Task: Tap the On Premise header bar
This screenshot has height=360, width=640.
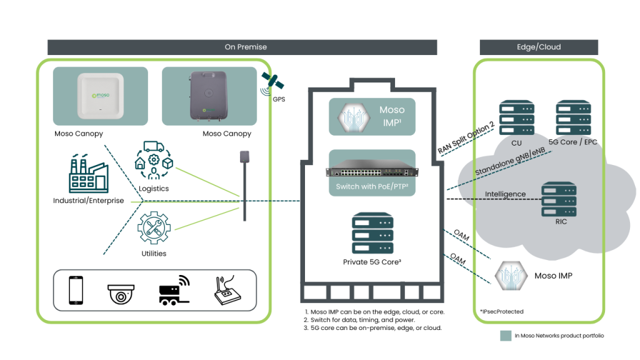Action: click(x=242, y=47)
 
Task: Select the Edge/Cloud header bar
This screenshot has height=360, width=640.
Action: click(x=538, y=47)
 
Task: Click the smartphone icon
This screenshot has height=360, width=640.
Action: click(x=76, y=290)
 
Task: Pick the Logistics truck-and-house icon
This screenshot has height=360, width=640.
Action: click(x=154, y=162)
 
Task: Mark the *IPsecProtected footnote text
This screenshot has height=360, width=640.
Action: click(x=501, y=311)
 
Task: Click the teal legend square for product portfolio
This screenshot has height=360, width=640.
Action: click(x=506, y=336)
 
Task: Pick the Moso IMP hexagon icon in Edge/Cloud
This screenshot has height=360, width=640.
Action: click(x=508, y=276)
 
